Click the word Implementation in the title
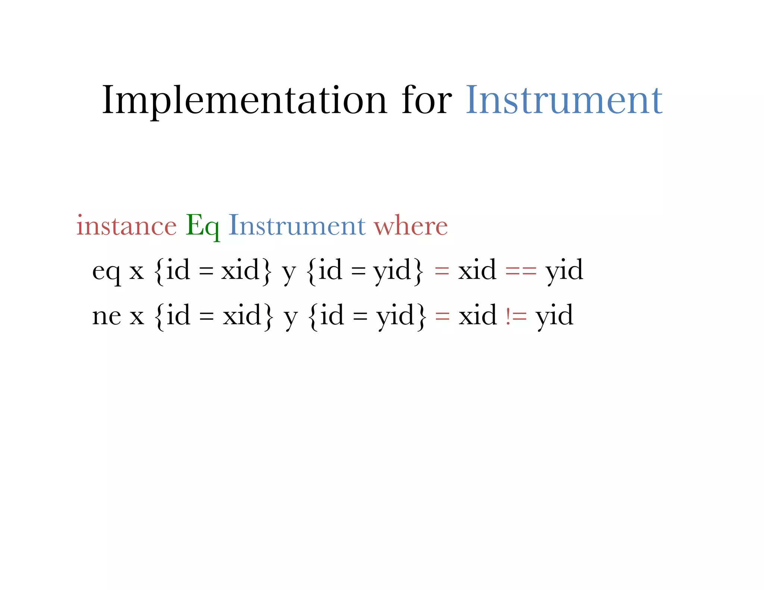pos(244,101)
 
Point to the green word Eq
pos(202,226)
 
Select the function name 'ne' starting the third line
pos(107,316)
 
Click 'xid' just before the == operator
pos(477,270)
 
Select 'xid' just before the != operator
pos(477,316)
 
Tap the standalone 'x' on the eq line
pos(137,272)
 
